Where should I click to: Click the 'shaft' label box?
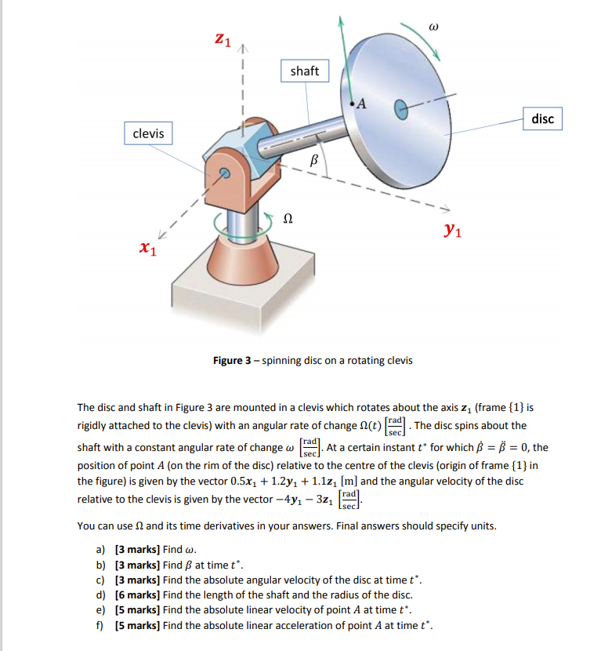tap(304, 71)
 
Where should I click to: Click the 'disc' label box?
tap(542, 119)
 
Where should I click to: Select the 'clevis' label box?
tap(149, 133)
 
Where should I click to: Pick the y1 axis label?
tap(451, 230)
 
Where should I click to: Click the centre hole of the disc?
tap(400, 110)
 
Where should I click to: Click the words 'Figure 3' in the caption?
tap(232, 361)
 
